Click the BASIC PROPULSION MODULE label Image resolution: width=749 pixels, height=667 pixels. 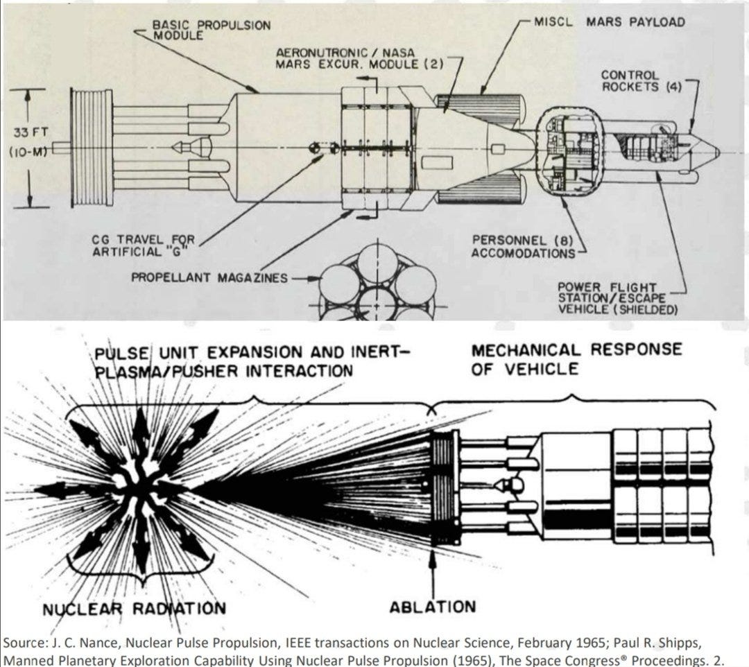click(211, 30)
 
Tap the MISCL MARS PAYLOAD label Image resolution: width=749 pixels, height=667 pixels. click(609, 21)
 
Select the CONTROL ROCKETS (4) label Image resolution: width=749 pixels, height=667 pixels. click(630, 80)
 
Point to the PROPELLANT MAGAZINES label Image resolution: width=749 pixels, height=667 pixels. click(209, 277)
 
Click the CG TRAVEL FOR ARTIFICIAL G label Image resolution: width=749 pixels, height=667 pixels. click(144, 245)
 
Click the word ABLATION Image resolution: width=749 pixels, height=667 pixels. click(433, 607)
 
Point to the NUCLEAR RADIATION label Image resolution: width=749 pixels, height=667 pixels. click(134, 609)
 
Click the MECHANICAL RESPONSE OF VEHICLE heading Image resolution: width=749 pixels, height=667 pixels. click(576, 358)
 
